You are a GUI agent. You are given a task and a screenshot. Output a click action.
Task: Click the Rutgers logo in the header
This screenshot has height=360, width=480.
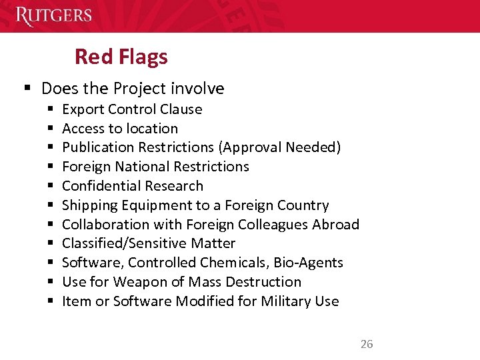[53, 15]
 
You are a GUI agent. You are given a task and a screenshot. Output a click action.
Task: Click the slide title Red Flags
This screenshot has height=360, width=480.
[121, 57]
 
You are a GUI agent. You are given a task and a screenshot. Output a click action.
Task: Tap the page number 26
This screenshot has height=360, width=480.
[367, 344]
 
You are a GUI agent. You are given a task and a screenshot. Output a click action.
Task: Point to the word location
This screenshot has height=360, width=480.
[152, 129]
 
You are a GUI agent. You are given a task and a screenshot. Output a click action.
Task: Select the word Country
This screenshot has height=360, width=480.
[303, 205]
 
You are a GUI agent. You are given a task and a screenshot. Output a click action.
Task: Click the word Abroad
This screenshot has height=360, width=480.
[337, 225]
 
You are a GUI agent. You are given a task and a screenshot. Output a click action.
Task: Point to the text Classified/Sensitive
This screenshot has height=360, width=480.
[122, 244]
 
